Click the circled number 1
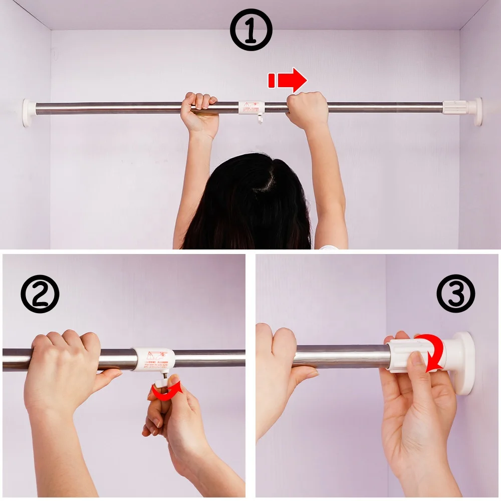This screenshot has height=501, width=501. pos(251,30)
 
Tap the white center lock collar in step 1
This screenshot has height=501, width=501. pos(251,107)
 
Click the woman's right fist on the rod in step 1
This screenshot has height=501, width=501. pos(307,110)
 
